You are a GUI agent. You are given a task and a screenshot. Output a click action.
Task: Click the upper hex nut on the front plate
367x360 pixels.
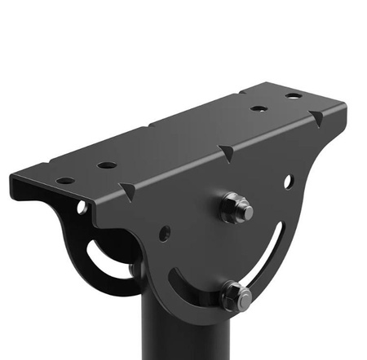pyautogui.click(x=235, y=208)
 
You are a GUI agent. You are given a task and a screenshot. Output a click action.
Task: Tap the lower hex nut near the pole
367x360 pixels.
pyautogui.click(x=235, y=296)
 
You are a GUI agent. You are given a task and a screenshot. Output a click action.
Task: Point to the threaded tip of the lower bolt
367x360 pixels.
pyautogui.click(x=245, y=301)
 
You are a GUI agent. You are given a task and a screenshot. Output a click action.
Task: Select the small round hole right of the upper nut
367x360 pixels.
pyautogui.click(x=287, y=181)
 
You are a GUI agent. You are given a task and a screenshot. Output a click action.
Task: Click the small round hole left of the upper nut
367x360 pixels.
pyautogui.click(x=165, y=233)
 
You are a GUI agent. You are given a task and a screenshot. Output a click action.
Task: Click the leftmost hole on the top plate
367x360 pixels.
pyautogui.click(x=65, y=180)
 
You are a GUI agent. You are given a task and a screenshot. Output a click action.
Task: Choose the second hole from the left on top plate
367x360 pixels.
pyautogui.click(x=107, y=165)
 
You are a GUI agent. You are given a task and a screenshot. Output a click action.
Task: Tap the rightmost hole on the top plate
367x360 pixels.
pyautogui.click(x=293, y=96)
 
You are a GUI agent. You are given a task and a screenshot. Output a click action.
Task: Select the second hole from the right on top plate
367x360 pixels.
pyautogui.click(x=259, y=108)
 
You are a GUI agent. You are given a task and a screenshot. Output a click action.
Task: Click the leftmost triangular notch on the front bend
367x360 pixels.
pyautogui.click(x=128, y=191)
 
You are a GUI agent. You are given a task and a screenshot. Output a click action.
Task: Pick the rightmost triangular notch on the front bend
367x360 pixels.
pyautogui.click(x=316, y=118)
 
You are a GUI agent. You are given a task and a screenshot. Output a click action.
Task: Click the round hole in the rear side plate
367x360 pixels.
pyautogui.click(x=82, y=208)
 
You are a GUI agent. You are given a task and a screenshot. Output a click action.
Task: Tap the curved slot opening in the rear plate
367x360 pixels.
pyautogui.click(x=102, y=259)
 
